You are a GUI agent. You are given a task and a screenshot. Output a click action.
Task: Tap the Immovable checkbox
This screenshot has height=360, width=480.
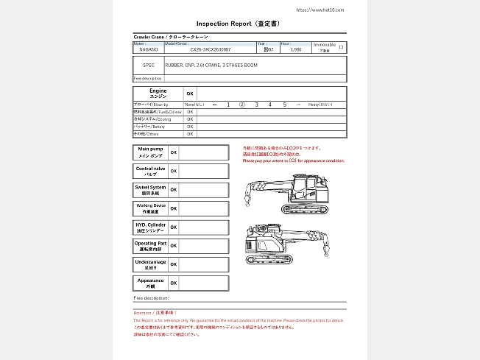[340, 47]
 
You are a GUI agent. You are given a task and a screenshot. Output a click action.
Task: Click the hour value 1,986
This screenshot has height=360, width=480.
[296, 50]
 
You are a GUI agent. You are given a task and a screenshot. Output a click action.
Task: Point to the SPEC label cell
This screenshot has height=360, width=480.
[149, 65]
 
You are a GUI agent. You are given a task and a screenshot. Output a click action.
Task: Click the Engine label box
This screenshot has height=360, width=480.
[158, 93]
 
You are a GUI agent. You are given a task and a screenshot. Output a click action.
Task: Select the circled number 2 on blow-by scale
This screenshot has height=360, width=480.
[242, 105]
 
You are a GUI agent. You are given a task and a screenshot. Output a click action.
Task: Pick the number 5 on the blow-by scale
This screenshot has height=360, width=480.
[284, 105]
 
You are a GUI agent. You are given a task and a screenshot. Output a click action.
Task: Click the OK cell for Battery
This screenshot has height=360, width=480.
[190, 127]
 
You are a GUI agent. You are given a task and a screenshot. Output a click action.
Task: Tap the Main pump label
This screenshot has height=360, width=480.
[151, 152]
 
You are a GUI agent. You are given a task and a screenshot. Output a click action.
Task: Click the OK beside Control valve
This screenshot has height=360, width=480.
[174, 171]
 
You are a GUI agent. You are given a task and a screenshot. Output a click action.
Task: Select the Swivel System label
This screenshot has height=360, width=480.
[151, 190]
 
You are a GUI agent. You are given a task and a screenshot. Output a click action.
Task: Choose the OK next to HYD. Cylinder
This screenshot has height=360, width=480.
[174, 227]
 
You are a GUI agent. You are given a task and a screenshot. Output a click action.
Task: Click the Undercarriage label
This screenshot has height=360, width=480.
[151, 264]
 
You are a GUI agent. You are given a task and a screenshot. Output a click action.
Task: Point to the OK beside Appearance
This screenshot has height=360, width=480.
[174, 283]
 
